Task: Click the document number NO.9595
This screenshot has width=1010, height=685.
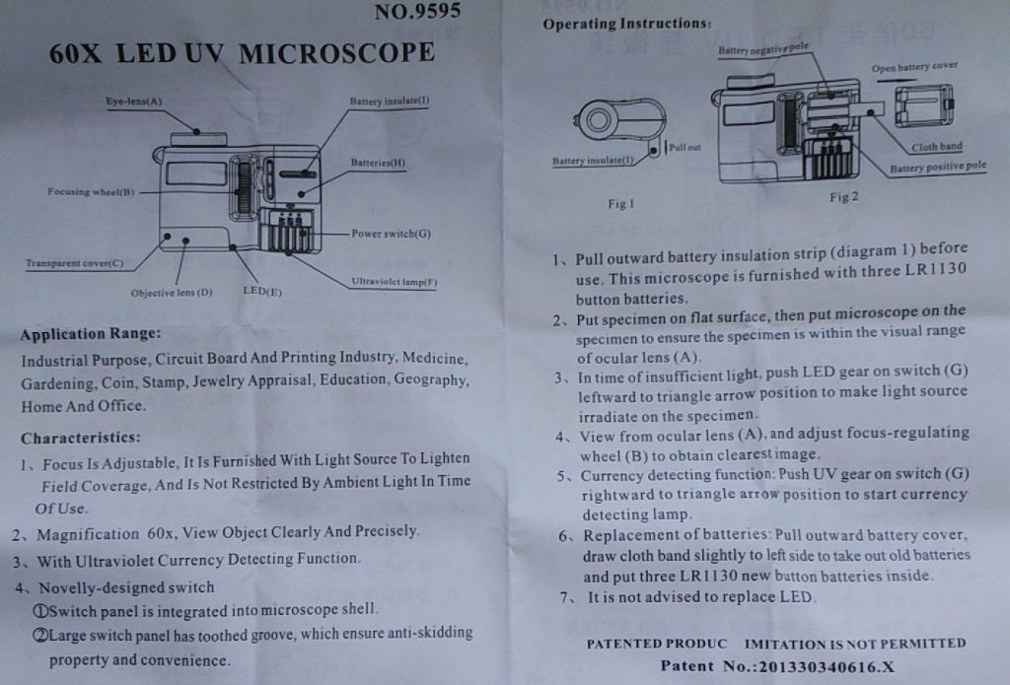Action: [x=417, y=11]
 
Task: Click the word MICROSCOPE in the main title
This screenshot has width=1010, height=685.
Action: [x=337, y=53]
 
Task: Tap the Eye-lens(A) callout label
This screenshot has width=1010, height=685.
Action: [x=134, y=102]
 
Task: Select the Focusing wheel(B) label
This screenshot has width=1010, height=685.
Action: [x=91, y=191]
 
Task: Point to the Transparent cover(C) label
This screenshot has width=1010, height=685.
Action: [x=75, y=263]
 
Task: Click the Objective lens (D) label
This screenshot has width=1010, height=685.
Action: [x=172, y=293]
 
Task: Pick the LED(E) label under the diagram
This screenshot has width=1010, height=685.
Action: [x=262, y=291]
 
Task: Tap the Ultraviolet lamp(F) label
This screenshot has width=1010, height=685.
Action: [x=395, y=281]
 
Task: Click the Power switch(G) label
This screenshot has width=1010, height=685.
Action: [x=391, y=233]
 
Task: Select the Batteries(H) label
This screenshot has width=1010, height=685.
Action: [x=378, y=163]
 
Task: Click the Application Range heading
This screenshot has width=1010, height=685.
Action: [x=90, y=334]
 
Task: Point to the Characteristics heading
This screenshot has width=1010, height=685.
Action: [x=81, y=438]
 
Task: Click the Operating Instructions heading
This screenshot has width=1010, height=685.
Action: [x=626, y=24]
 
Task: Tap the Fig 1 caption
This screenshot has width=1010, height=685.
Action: [x=621, y=203]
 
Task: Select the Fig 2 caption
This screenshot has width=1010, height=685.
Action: [x=844, y=197]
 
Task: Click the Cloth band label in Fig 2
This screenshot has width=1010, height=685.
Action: [x=937, y=147]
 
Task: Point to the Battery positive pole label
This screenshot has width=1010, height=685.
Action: [x=938, y=167]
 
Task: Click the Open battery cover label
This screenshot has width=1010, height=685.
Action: [x=914, y=67]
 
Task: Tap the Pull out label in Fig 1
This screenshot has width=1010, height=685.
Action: [x=685, y=147]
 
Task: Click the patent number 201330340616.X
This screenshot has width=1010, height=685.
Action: [x=827, y=666]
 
